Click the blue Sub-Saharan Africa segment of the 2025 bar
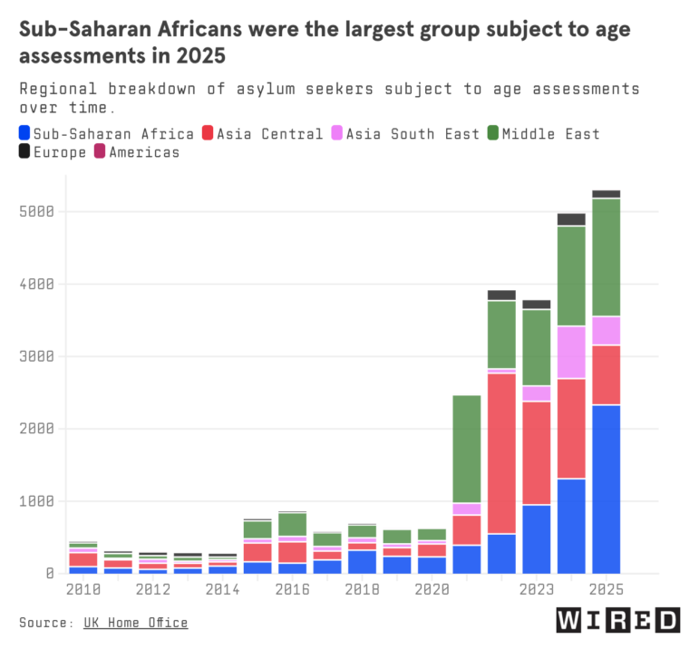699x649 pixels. tap(607, 489)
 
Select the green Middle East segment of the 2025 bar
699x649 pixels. tap(607, 257)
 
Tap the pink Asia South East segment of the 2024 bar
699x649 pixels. tap(571, 353)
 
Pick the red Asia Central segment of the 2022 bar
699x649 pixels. tap(501, 454)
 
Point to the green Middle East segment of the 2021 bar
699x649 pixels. tap(467, 449)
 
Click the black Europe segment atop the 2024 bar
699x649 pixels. tap(571, 219)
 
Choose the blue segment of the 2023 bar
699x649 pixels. tap(537, 539)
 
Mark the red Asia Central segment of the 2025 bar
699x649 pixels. tap(607, 375)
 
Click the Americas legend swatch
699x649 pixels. tap(100, 151)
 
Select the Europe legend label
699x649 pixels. tap(60, 152)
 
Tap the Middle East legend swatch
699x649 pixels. tap(492, 133)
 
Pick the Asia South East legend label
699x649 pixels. tap(413, 134)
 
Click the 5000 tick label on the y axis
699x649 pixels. tap(36, 211)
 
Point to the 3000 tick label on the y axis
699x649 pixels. tap(36, 356)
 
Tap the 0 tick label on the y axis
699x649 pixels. tap(50, 573)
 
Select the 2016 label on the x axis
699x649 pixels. tap(293, 589)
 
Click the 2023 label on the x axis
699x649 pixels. tap(537, 589)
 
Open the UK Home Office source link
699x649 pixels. tap(135, 623)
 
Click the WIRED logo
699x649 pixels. tap(618, 620)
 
